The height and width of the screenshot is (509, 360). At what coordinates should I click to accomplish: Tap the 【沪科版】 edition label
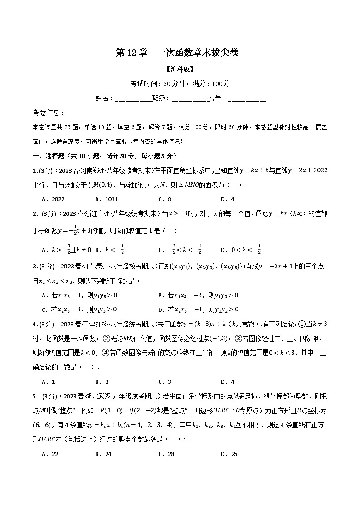pyautogui.click(x=180, y=69)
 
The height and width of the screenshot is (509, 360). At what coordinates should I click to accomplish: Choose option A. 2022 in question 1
pyautogui.click(x=53, y=199)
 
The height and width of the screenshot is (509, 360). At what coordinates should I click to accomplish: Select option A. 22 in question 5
pyautogui.click(x=50, y=454)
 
